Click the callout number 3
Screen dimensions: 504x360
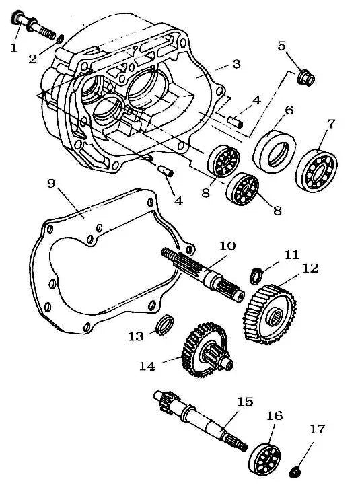click(x=236, y=64)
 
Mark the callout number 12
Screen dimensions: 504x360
click(x=310, y=268)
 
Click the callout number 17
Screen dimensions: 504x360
click(x=317, y=429)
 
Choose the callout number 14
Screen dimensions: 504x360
click(x=147, y=366)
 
